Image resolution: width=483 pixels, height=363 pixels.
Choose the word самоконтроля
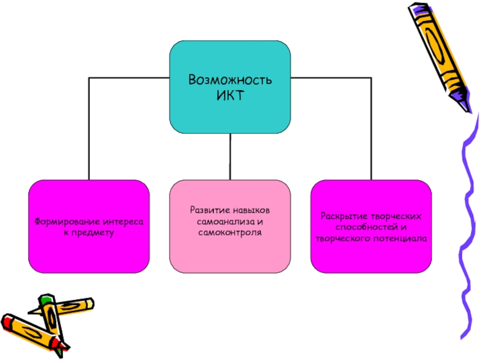click(x=229, y=232)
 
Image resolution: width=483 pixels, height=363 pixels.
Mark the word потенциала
click(x=404, y=238)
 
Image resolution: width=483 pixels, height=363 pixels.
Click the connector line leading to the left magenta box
click(x=89, y=127)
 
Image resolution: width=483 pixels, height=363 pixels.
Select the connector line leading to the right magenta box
click(x=371, y=127)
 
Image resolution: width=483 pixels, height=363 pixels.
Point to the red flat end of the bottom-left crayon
click(x=6, y=320)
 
